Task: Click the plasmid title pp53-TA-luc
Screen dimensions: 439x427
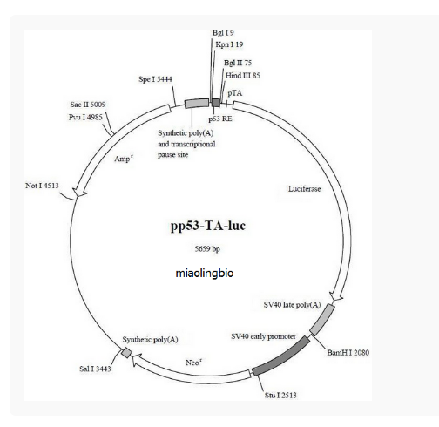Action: [x=208, y=227]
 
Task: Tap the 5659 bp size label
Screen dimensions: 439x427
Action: [x=207, y=249]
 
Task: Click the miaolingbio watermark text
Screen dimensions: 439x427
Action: [x=205, y=274]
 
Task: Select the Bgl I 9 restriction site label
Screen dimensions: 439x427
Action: [x=223, y=33]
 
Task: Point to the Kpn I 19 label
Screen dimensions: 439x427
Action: [x=229, y=44]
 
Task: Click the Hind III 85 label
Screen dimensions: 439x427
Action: [x=243, y=76]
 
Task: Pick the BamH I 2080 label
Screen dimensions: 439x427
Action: [x=348, y=353]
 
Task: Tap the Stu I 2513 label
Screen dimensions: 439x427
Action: [x=280, y=396]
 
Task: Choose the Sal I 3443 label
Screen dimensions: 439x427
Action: [x=95, y=369]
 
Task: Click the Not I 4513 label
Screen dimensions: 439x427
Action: [x=42, y=186]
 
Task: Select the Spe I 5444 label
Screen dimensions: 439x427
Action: [x=155, y=79]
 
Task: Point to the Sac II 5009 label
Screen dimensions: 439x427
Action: [x=88, y=105]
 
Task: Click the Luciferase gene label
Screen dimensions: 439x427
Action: [x=305, y=189]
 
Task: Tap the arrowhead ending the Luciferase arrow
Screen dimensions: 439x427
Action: [x=336, y=296]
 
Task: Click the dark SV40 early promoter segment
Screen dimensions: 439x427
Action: [x=280, y=356]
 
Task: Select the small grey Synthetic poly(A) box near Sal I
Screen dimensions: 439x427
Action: [x=126, y=353]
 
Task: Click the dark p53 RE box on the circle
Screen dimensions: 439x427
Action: [x=215, y=103]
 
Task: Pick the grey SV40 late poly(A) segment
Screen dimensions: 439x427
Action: [x=322, y=320]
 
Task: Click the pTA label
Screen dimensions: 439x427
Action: [x=234, y=93]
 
